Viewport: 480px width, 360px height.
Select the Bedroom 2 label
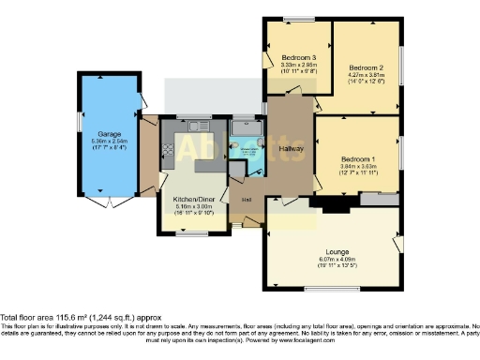pos(367,68)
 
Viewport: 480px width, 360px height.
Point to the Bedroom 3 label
pos(298,58)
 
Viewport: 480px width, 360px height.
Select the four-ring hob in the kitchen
pos(168,148)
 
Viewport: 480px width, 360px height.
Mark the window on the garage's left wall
pos(79,123)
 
